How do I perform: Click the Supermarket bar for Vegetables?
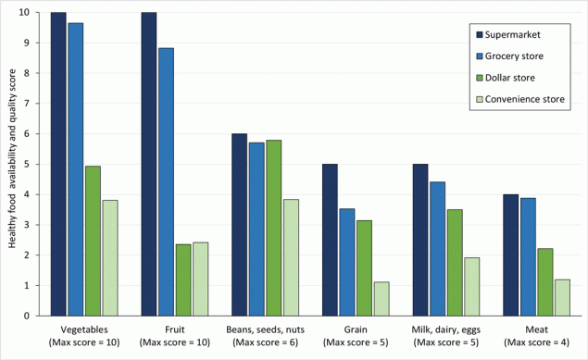click(x=58, y=164)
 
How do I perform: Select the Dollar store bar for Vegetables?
click(x=93, y=241)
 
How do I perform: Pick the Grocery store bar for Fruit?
click(x=166, y=181)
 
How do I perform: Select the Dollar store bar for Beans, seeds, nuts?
click(x=273, y=228)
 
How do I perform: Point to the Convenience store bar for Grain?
click(x=382, y=299)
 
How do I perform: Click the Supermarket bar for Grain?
click(x=330, y=240)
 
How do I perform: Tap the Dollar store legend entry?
click(x=509, y=76)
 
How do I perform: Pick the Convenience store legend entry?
click(x=520, y=97)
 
